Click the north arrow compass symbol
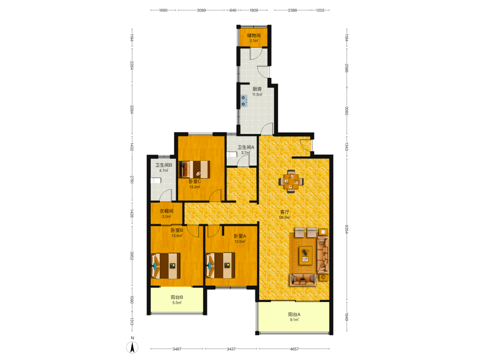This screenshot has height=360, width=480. point(132,348)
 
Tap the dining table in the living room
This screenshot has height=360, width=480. point(291,181)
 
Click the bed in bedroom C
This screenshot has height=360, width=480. point(194,169)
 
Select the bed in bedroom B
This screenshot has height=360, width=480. point(166,265)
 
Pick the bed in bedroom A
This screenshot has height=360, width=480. point(220,265)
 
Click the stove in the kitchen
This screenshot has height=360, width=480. point(244,101)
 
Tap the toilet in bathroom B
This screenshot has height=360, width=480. point(156,180)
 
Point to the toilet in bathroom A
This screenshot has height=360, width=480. point(232,155)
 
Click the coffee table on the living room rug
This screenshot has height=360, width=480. point(305,255)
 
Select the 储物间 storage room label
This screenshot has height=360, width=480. point(254,35)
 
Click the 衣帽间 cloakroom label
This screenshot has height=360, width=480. point(167,211)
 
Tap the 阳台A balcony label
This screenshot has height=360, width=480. point(294,314)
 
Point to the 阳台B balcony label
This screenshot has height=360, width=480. point(177,297)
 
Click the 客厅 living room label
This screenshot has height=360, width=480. point(285,212)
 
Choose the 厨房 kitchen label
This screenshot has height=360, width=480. point(257,89)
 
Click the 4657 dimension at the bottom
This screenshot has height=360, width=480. point(294,349)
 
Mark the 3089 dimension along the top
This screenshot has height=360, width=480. point(202,10)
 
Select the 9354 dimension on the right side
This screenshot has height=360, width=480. point(347,229)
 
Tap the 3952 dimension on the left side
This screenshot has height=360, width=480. point(132,256)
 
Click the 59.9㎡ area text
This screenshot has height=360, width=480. point(285,217)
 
